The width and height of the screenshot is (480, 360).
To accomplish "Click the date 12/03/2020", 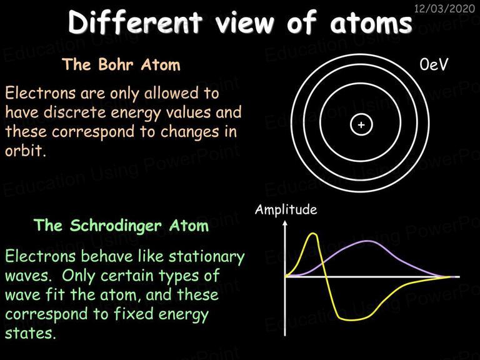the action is [x=444, y=8].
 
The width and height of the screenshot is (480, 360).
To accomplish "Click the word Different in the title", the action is [x=135, y=22].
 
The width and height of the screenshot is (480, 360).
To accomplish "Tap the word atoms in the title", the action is [x=371, y=23].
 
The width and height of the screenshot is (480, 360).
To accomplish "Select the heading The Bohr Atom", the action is [x=121, y=64].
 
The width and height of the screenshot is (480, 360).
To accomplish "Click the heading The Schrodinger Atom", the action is [x=121, y=226].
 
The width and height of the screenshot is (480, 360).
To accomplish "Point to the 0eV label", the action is [x=434, y=64].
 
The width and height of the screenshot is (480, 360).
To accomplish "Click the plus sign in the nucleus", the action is [x=361, y=125].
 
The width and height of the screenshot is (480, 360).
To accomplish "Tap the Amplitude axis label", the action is [x=286, y=210].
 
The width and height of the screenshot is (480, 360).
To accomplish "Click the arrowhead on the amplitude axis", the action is [x=285, y=224].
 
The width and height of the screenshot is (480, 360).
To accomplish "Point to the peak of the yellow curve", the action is [x=313, y=234].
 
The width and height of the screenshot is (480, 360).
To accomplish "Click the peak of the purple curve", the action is [x=368, y=241].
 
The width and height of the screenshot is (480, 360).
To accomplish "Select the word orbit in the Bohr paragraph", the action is [x=25, y=151].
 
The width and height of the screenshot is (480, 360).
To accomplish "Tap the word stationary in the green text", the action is [x=207, y=257].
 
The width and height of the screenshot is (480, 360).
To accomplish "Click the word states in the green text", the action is [x=31, y=333].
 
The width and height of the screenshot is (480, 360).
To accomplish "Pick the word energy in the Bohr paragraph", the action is [x=136, y=113].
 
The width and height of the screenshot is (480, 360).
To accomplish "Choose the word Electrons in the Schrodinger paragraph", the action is [x=40, y=256].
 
